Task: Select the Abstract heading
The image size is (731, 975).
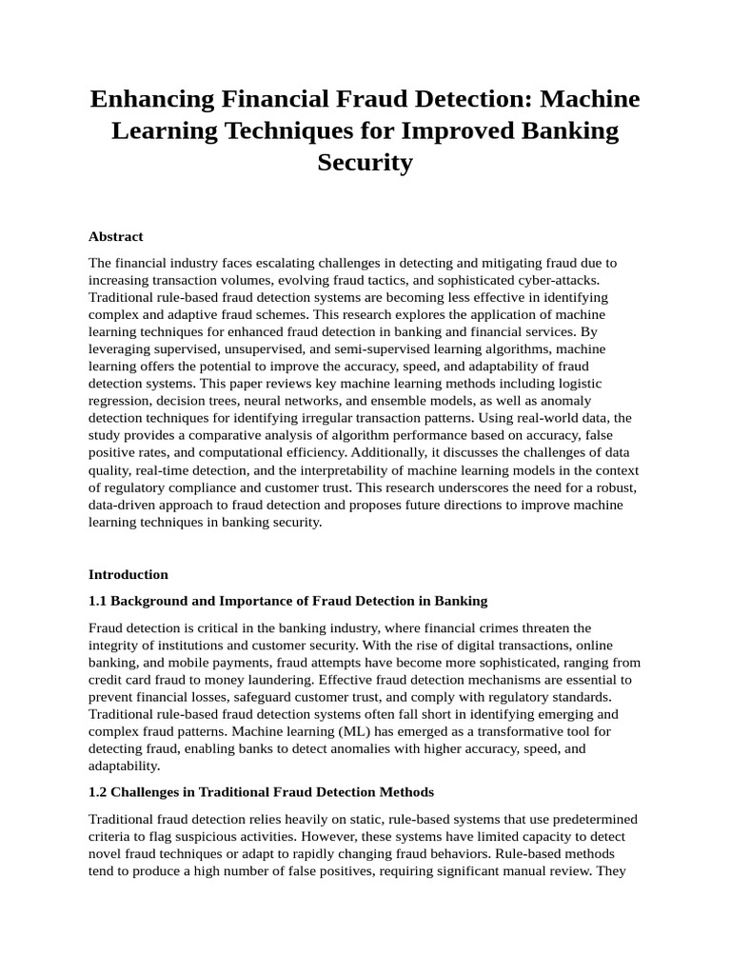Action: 115,236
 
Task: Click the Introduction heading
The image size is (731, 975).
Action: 128,574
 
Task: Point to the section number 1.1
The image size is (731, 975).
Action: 98,601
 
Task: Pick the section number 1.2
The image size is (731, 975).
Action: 98,791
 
